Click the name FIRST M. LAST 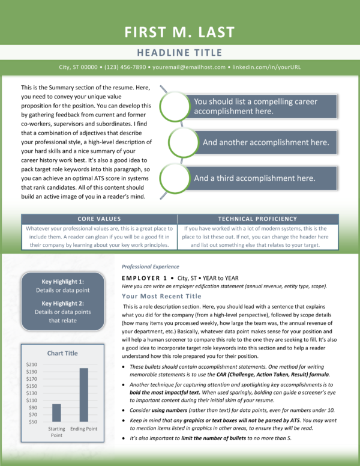(179, 32)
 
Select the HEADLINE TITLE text (179, 53)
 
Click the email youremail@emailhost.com (189, 67)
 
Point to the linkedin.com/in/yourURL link (266, 67)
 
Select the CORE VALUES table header (99, 219)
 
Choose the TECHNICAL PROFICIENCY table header (257, 219)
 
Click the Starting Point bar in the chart (56, 413)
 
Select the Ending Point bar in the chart (84, 395)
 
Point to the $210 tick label (31, 365)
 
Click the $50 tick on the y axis (33, 422)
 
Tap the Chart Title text (62, 353)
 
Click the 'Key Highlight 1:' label (62, 282)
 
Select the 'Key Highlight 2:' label (62, 303)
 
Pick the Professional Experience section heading (150, 267)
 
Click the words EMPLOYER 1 (145, 278)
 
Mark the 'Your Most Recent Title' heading (161, 296)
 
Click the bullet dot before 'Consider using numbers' (124, 410)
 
